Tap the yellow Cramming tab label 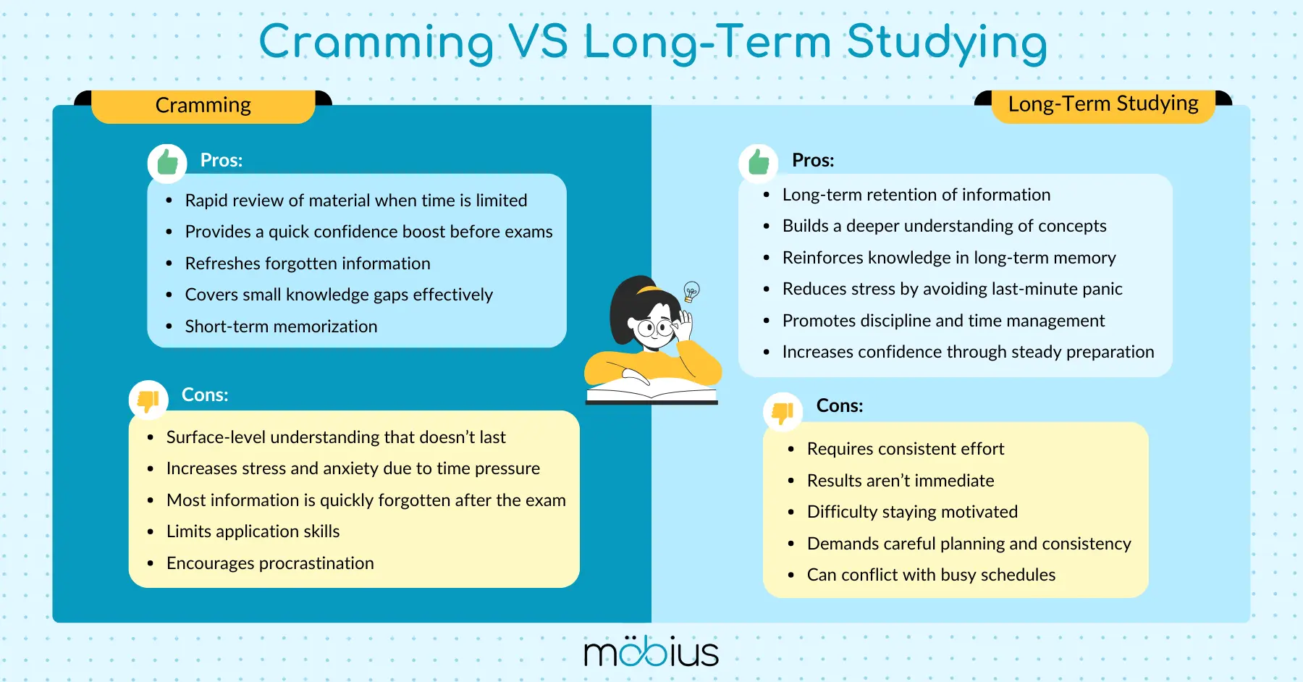[203, 106]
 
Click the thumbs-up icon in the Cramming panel [167, 162]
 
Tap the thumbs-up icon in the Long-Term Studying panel [759, 162]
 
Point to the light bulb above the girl [692, 291]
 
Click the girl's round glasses [655, 328]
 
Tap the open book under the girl [651, 391]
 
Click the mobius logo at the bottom [651, 652]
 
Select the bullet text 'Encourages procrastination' [270, 563]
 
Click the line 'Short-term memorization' [281, 327]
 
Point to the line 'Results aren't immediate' [901, 481]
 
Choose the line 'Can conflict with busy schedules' [931, 575]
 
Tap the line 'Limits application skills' [253, 531]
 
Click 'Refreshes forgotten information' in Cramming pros [308, 264]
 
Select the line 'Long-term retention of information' [916, 195]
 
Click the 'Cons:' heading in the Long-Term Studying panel [840, 405]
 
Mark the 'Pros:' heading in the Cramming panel [222, 160]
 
